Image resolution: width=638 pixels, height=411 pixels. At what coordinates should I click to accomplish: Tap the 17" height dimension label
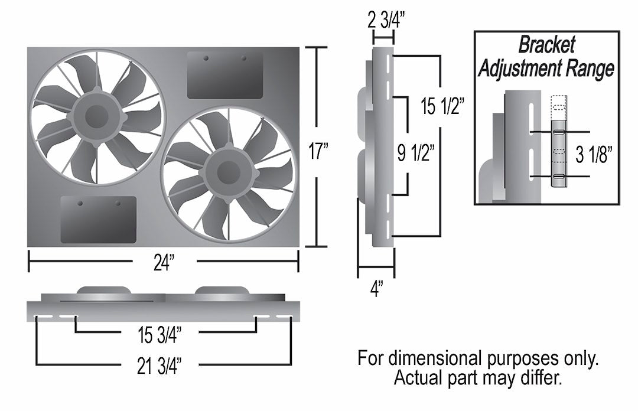[x=317, y=152]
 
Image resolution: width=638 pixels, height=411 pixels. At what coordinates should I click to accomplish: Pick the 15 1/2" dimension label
[x=442, y=107]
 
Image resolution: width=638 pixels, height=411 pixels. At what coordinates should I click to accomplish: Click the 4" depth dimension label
[x=376, y=290]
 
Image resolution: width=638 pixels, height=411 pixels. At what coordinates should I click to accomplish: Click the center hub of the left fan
[x=96, y=117]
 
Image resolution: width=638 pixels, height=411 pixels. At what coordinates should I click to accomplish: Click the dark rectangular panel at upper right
[x=225, y=75]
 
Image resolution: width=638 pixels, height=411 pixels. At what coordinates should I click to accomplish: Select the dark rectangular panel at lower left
[x=99, y=220]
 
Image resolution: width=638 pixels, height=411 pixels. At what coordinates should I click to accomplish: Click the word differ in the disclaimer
[x=539, y=377]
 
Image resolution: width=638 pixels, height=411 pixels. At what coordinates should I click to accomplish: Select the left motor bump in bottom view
[x=104, y=291]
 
